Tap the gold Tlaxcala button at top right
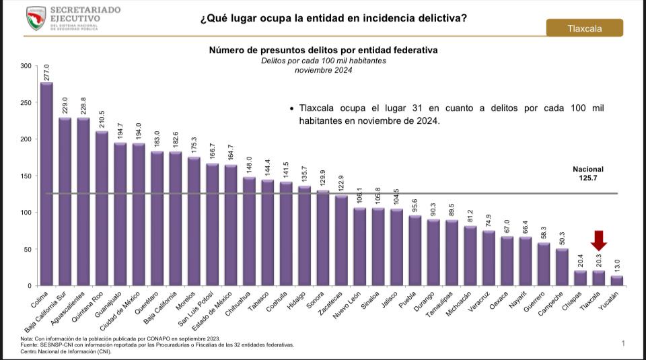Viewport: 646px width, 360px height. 585,28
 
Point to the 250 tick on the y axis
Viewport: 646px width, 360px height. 26,102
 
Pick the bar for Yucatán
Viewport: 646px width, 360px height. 617,281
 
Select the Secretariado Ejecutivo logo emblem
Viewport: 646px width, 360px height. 36,17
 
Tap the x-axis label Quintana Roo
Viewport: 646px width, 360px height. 92,303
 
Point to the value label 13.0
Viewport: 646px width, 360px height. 617,266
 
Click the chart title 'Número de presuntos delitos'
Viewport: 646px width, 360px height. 323,50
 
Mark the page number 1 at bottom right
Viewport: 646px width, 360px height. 623,344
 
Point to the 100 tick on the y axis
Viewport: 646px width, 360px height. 26,213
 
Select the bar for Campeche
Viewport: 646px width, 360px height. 562,267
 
